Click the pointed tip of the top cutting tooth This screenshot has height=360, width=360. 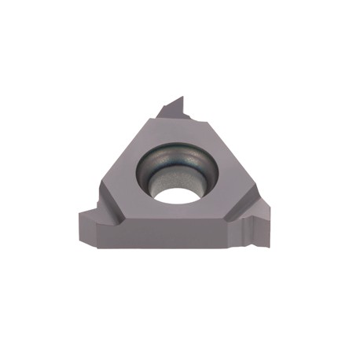tap(182, 97)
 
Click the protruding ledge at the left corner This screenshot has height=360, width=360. tap(86, 212)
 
